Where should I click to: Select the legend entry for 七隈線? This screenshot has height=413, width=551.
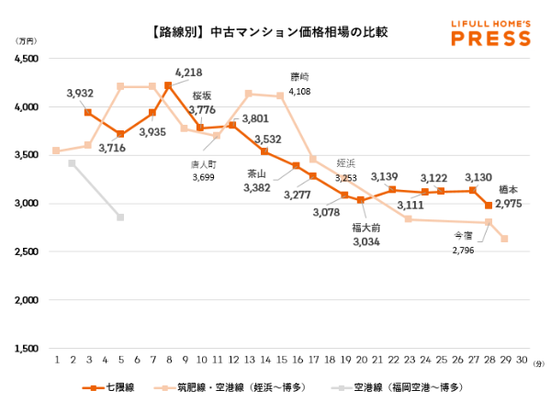pyautogui.click(x=118, y=387)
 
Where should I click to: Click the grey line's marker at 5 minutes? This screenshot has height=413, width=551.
pyautogui.click(x=120, y=218)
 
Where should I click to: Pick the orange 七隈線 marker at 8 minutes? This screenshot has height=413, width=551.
pyautogui.click(x=168, y=85)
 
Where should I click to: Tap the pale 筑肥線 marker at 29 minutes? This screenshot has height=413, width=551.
pyautogui.click(x=504, y=239)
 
